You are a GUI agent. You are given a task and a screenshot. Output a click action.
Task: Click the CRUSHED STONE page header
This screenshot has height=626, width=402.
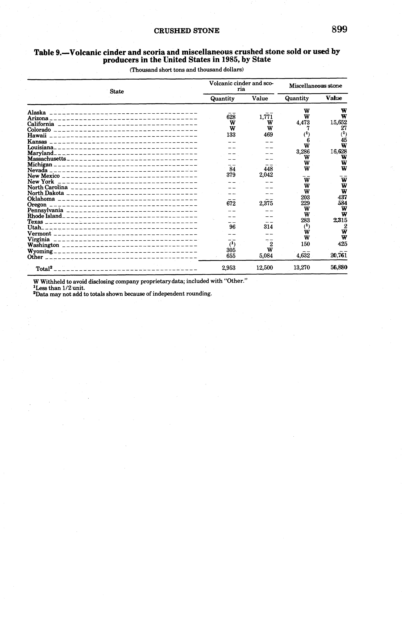pos(187,31)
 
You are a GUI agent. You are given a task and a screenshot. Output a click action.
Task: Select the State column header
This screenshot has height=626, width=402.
pos(117,91)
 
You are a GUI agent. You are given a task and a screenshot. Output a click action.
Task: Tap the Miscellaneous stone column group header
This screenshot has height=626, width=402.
pos(315,86)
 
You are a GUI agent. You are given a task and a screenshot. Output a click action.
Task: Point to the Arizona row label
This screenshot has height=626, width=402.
pos(38,118)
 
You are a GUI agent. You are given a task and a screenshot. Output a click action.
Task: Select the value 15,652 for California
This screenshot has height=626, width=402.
pos(339,122)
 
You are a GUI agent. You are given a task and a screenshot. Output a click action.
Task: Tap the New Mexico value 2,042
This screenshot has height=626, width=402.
pos(266,175)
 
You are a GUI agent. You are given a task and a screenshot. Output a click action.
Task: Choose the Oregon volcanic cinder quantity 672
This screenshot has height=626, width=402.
pos(231,203)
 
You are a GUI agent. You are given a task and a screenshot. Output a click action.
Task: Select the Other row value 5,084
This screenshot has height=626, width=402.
pos(266,256)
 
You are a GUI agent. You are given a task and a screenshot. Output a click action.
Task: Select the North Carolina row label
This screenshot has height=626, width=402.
pos(48,187)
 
